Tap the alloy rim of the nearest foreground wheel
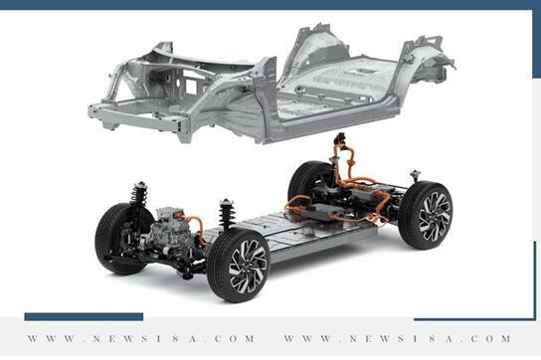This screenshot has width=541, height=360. click(248, 267)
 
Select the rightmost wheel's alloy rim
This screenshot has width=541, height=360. click(435, 217)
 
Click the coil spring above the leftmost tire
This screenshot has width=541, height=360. click(139, 195)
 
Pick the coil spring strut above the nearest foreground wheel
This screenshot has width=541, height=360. click(227, 213)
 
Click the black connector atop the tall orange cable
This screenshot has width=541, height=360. click(339, 139)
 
